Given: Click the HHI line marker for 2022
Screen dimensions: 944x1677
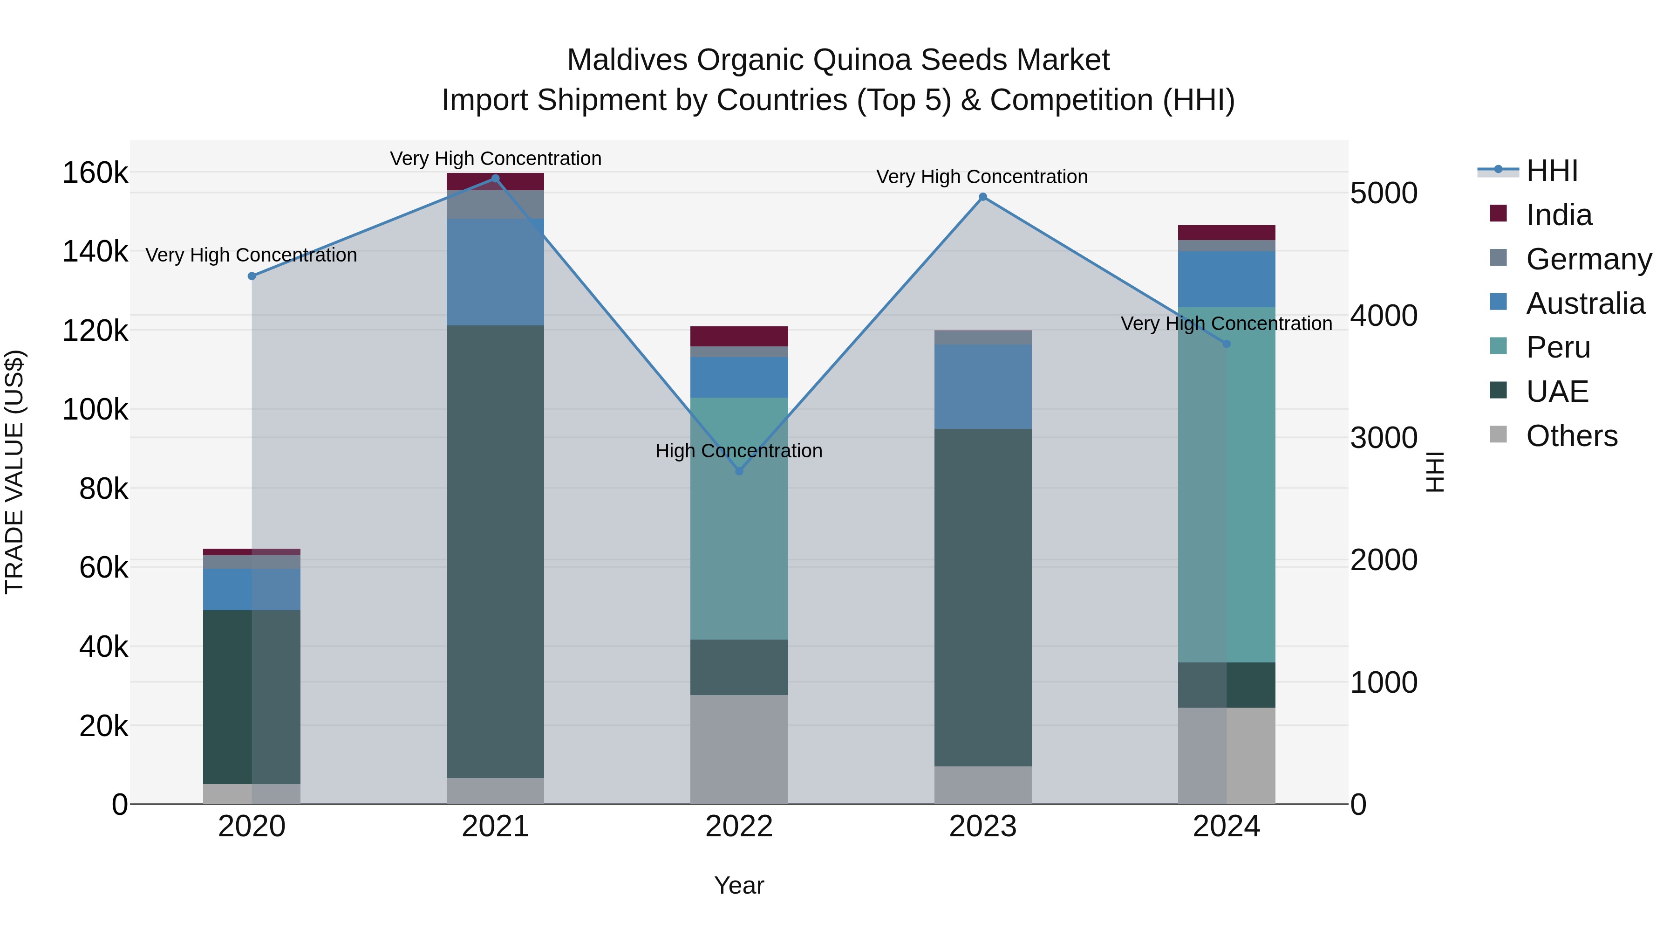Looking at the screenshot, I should tap(739, 470).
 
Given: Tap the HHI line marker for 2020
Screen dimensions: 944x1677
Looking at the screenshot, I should tap(252, 276).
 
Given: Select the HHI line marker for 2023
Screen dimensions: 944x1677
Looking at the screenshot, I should tap(983, 197).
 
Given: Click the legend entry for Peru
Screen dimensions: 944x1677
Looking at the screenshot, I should tap(1558, 348).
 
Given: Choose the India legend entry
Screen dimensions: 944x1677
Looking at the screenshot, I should tap(1559, 215).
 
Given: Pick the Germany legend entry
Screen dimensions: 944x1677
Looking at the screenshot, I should tap(1588, 259).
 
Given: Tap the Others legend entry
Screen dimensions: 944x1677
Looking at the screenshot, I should tap(1572, 436).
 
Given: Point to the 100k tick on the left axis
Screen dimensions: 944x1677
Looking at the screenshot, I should tap(95, 410).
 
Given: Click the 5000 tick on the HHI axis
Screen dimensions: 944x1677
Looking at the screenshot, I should tap(1384, 193).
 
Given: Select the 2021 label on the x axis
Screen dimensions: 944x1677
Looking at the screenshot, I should tap(496, 827).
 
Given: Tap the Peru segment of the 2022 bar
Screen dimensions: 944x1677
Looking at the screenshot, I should tap(739, 518).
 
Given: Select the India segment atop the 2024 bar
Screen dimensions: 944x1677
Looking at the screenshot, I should tap(1227, 233).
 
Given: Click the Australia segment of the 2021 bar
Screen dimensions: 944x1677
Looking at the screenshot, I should tap(496, 272).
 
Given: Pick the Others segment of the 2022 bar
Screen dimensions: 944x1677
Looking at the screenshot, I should tap(739, 749).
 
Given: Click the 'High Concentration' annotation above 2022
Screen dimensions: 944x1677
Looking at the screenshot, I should tap(739, 451).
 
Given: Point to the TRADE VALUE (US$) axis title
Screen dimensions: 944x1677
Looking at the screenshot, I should tap(14, 472).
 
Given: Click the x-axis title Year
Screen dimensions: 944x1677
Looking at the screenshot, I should tap(739, 885).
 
